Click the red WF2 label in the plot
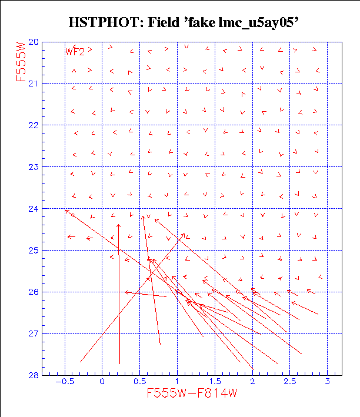[75, 51]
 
